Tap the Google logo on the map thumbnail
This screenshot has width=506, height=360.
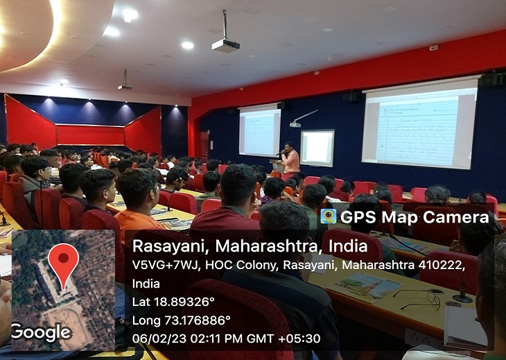pos(42,332)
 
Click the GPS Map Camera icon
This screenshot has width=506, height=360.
pos(329,216)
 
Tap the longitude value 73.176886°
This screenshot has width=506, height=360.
pos(195,320)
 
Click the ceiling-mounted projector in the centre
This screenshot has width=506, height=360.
pos(225,45)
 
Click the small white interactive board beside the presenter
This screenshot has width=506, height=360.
pos(317,148)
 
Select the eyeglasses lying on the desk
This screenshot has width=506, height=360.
pos(419,299)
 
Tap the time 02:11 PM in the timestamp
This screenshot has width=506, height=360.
pos(210,338)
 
